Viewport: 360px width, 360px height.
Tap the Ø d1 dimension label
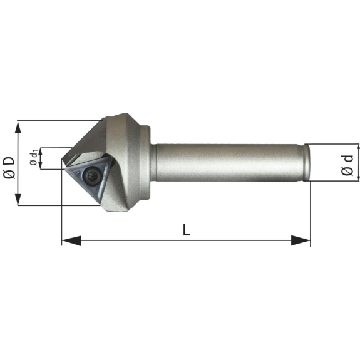[34, 157]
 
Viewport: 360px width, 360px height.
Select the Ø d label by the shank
[347, 165]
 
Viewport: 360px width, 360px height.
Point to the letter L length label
[186, 230]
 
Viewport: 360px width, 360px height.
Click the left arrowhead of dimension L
[71, 240]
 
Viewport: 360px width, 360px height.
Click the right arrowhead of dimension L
[301, 240]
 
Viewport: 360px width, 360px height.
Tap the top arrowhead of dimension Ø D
[18, 127]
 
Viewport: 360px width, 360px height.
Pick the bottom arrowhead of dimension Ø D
[18, 199]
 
